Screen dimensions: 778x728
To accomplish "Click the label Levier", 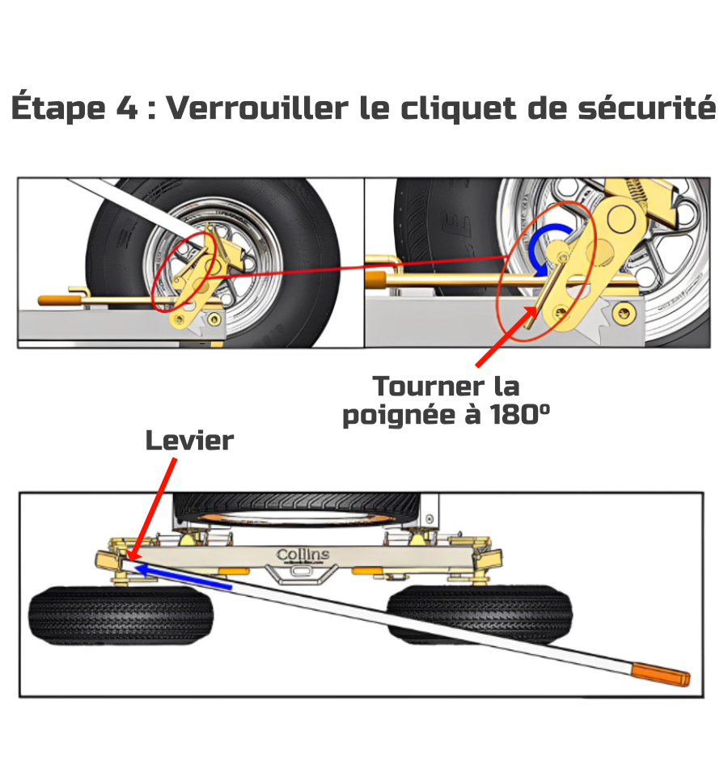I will [189, 441].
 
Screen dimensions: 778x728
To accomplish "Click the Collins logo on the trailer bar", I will [303, 555].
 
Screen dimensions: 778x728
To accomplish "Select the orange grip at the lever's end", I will [662, 673].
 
